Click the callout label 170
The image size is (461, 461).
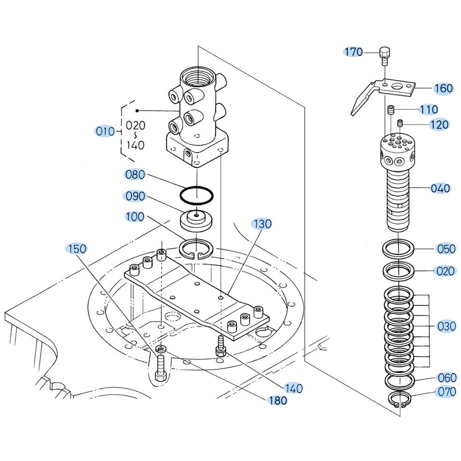(354, 52)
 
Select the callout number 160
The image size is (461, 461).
(443, 88)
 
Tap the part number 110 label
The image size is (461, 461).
(428, 109)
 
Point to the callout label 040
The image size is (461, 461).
(440, 188)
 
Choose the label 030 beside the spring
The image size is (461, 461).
(446, 326)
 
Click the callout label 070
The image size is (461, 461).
(446, 392)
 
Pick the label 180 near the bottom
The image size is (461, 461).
(278, 401)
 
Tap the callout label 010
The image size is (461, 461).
(106, 131)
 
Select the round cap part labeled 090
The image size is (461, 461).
(196, 220)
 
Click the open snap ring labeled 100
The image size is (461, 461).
(196, 249)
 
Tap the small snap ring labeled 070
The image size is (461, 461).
(399, 399)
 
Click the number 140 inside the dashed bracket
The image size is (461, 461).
(135, 145)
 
